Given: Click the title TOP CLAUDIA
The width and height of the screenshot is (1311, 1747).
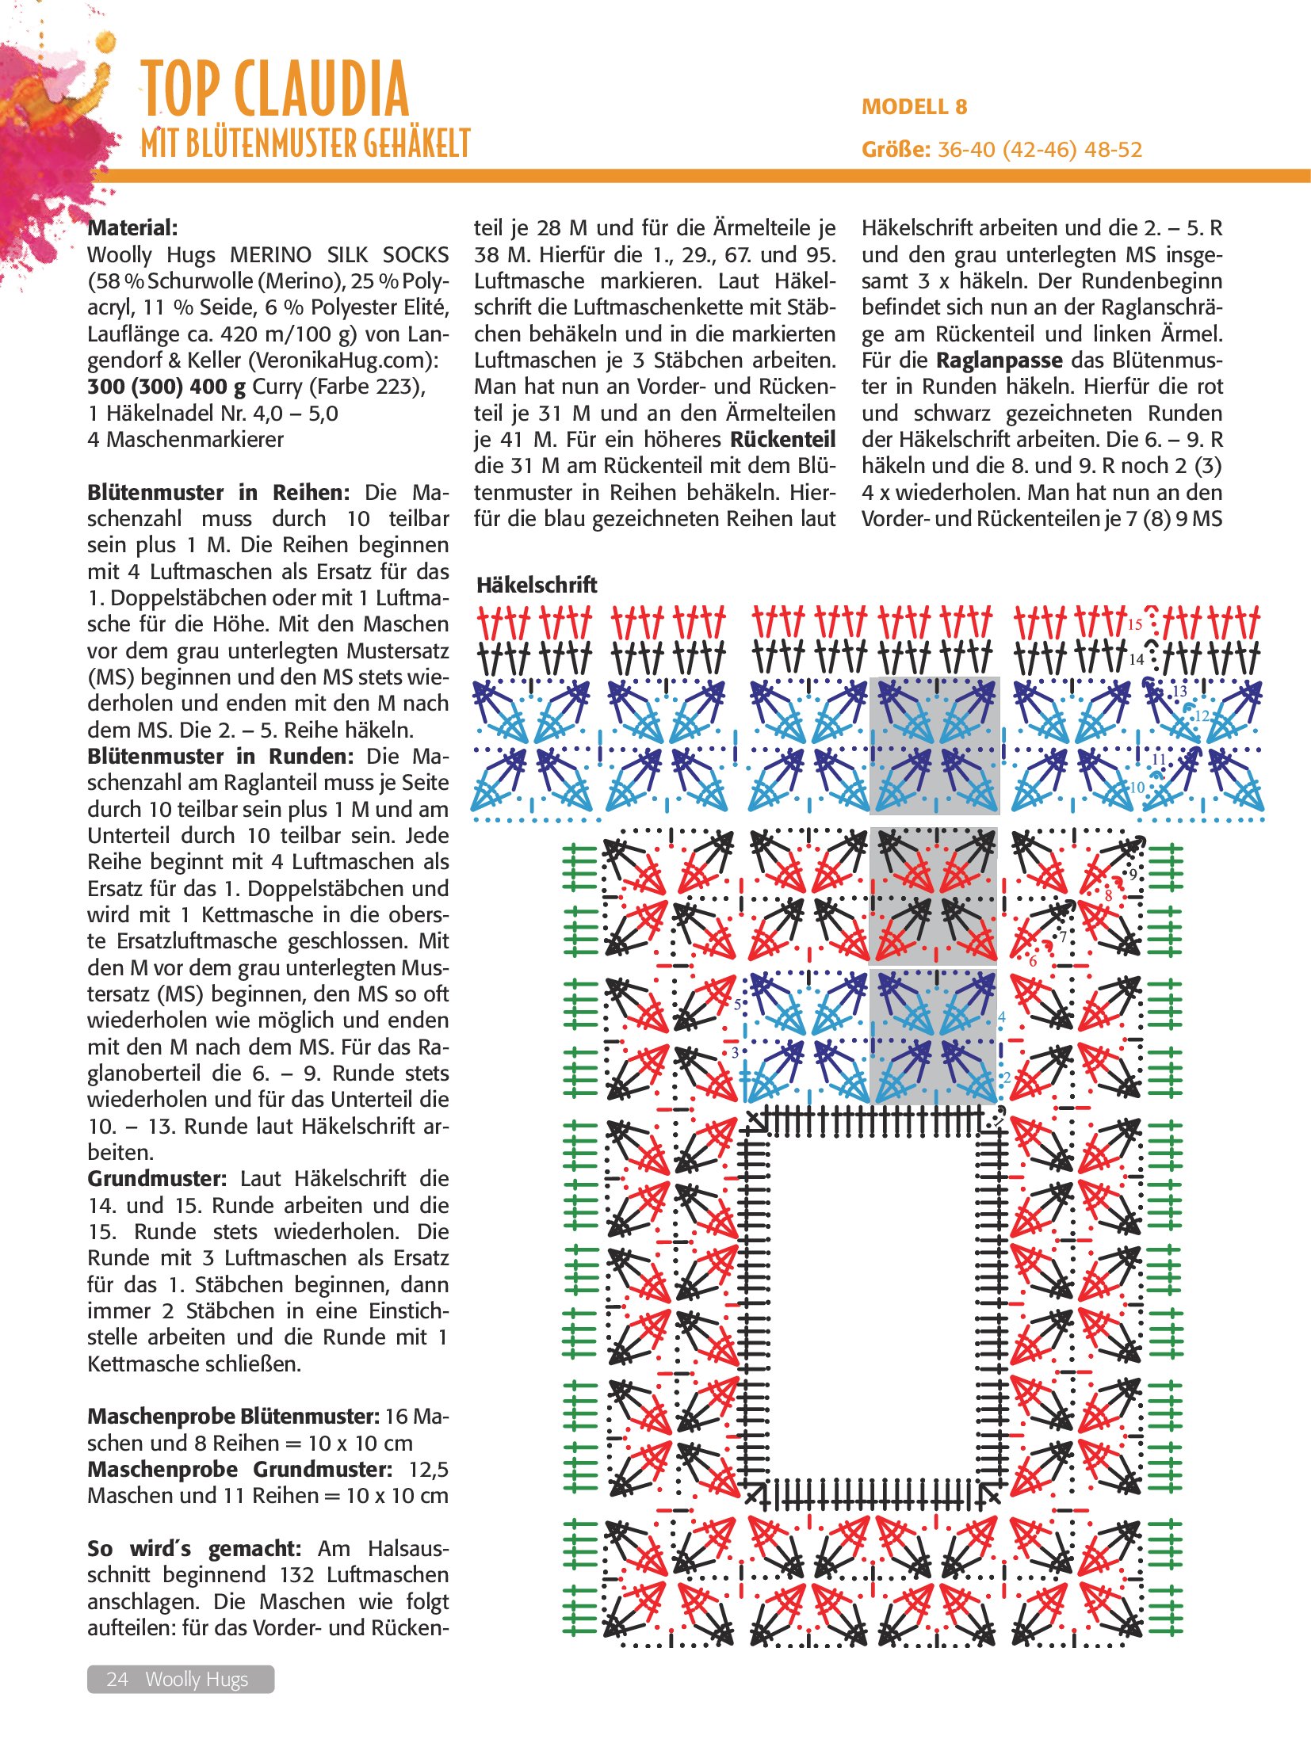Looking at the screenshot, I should pyautogui.click(x=274, y=89).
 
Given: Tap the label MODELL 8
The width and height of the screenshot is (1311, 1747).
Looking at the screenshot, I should pyautogui.click(x=914, y=107).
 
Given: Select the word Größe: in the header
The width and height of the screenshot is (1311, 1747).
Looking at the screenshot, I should pyautogui.click(x=896, y=150).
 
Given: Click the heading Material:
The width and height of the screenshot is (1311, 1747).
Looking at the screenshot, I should pyautogui.click(x=132, y=228).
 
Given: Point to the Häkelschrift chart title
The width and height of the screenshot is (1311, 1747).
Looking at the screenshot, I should pyautogui.click(x=537, y=586).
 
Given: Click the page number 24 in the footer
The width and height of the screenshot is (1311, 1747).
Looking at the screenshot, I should pyautogui.click(x=117, y=1679).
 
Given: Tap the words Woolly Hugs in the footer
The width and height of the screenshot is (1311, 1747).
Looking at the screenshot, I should pyautogui.click(x=197, y=1679).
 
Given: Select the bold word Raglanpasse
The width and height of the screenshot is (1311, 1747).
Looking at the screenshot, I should pyautogui.click(x=999, y=360).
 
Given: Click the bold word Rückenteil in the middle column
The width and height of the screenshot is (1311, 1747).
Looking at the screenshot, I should pyautogui.click(x=783, y=440).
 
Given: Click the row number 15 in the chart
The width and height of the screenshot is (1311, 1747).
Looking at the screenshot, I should pyautogui.click(x=1135, y=624).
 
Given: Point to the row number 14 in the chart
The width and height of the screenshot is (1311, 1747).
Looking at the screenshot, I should pyautogui.click(x=1137, y=659).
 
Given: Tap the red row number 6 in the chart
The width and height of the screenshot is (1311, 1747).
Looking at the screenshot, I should pyautogui.click(x=1033, y=962).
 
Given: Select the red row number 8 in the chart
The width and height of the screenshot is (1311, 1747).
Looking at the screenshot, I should pyautogui.click(x=1108, y=895).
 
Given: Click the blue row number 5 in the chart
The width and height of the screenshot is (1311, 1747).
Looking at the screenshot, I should pyautogui.click(x=737, y=1005).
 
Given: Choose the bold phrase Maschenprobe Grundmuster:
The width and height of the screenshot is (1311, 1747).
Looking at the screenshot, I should pyautogui.click(x=240, y=1470).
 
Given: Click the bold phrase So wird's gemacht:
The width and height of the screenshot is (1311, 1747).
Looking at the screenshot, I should pyautogui.click(x=194, y=1549).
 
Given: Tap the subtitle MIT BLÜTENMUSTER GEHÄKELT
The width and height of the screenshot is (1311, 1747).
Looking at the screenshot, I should pyautogui.click(x=306, y=144).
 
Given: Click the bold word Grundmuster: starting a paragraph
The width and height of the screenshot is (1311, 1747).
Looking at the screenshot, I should pyautogui.click(x=157, y=1179).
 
